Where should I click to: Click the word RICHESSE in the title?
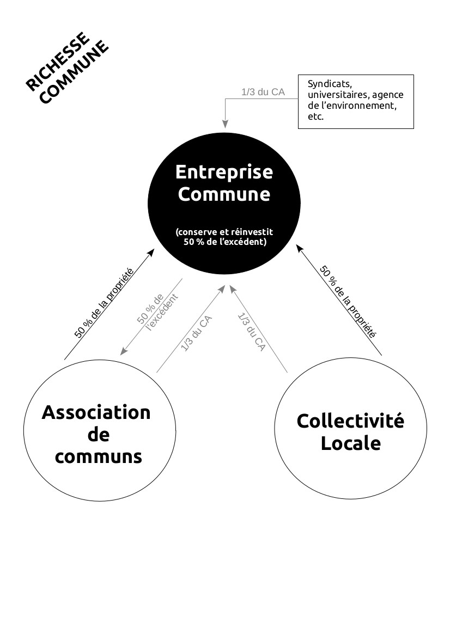coord(57,61)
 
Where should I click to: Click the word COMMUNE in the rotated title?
coord(74,72)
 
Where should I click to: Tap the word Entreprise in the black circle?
coord(224,172)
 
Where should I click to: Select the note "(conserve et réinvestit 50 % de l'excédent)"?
coord(224,237)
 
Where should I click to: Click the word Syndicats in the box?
coord(330,84)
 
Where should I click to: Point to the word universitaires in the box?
coord(338,95)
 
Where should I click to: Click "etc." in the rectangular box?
coord(315,117)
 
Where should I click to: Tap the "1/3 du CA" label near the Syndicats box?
coord(263,92)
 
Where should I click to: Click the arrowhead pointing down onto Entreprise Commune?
coord(224,124)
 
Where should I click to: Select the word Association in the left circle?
coord(96,412)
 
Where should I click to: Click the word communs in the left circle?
coord(98,456)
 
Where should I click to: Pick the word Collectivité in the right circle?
coord(350,421)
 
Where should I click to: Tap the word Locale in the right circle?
coord(351,442)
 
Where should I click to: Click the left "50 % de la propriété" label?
coord(104,303)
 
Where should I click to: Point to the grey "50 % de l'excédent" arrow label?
coord(157,312)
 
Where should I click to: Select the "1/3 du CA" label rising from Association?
coord(196,333)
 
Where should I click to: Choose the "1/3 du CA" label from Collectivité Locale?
coord(251,332)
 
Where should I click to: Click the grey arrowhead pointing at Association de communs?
coord(124,351)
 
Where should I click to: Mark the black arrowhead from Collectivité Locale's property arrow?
coord(299,248)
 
